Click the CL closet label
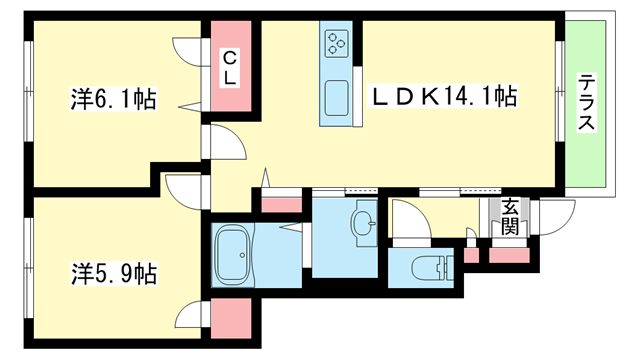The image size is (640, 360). click(230, 68)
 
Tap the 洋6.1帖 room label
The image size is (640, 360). click(113, 99)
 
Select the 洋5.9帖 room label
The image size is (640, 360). click(114, 273)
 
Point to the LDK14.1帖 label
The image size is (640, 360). click(443, 96)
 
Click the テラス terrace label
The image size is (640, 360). click(586, 102)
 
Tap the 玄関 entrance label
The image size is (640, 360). click(509, 217)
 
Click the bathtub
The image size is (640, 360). click(232, 255)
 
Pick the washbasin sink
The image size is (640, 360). click(364, 223)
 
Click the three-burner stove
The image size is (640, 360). click(336, 43)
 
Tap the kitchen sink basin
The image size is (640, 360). click(337, 98)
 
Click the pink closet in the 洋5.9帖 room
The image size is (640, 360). click(231, 318)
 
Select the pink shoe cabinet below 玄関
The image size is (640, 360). click(509, 255)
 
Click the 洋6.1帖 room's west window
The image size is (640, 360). click(28, 91)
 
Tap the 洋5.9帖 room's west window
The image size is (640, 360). click(28, 268)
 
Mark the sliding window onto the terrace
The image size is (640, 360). click(560, 91)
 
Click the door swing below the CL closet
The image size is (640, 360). click(224, 142)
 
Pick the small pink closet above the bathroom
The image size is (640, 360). click(281, 205)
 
